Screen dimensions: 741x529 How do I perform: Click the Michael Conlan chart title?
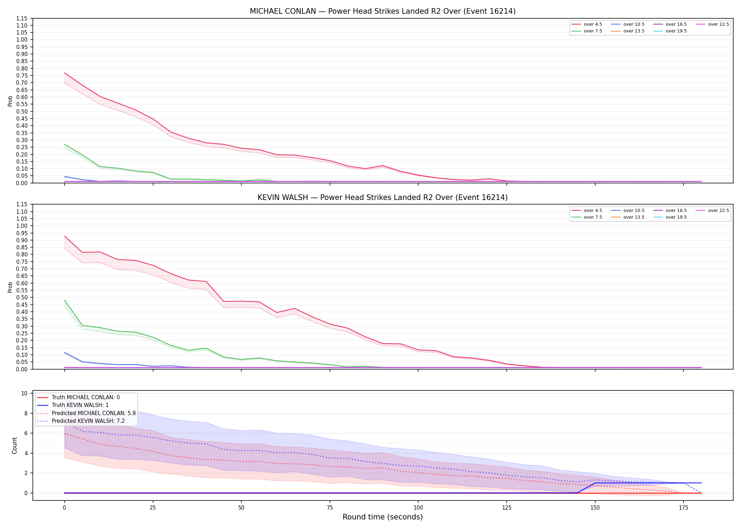point(382,11)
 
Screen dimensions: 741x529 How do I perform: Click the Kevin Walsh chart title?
point(382,197)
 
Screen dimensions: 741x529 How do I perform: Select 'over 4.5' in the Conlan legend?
point(593,24)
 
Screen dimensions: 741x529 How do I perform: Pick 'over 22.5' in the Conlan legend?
point(718,24)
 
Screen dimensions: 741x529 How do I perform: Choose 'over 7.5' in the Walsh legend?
point(593,217)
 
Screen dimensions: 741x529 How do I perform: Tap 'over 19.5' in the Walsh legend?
point(676,217)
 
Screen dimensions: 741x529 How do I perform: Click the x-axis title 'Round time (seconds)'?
point(382,517)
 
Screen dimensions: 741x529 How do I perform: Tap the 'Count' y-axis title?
point(14,445)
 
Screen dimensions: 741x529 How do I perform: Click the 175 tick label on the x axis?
point(683,508)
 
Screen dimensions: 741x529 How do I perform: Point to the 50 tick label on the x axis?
point(241,508)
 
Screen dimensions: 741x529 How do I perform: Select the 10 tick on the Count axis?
point(25,393)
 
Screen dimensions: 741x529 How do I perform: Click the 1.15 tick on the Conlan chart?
point(22,18)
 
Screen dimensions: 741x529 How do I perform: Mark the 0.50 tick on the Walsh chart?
point(22,297)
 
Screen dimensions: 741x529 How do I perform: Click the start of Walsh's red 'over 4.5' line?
point(65,236)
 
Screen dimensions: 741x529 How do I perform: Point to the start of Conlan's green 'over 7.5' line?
point(65,145)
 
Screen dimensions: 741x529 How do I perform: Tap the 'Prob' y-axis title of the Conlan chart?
point(10,101)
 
